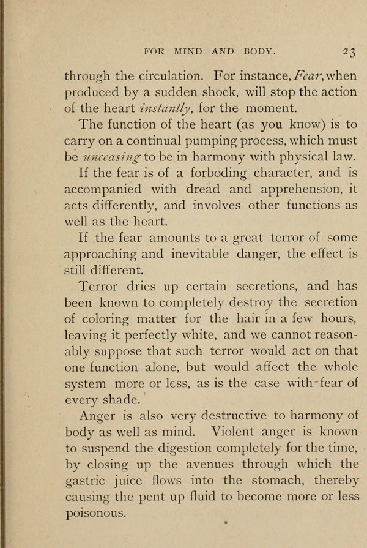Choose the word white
click(x=185, y=334)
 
